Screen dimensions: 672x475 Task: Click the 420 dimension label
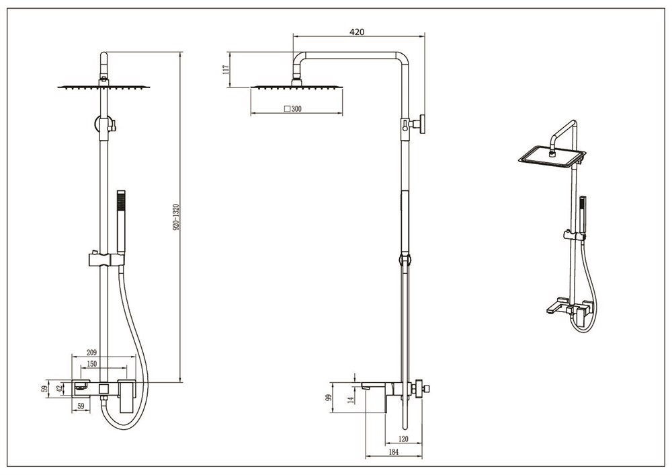[x=357, y=32]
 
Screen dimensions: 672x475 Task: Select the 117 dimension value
[x=226, y=69]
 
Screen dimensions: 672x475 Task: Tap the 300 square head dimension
[x=293, y=109]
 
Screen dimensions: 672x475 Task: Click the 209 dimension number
[x=91, y=353]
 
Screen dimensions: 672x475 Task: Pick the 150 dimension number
[x=91, y=364]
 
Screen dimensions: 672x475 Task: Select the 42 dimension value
[x=60, y=388]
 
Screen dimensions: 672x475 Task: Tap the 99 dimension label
[x=329, y=397]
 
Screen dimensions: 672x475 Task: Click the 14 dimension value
[x=351, y=400]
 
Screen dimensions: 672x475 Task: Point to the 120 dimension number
[x=403, y=439]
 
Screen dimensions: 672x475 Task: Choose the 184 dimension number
[x=393, y=452]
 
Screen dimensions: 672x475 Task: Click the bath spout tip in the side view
[x=365, y=388]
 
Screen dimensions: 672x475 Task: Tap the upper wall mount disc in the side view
[x=423, y=124]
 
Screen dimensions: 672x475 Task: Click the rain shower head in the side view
[x=296, y=87]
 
